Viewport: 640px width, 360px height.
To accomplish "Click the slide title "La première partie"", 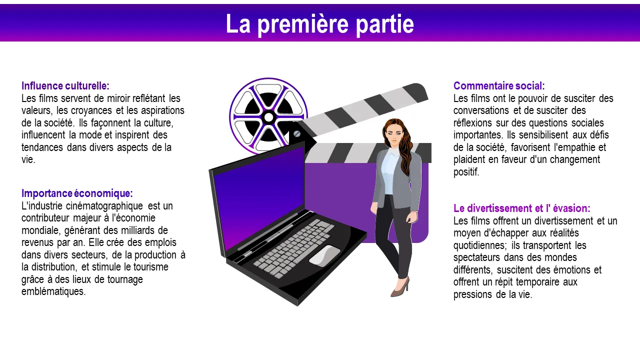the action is click(319, 24).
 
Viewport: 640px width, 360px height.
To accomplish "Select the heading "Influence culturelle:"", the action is click(65, 85).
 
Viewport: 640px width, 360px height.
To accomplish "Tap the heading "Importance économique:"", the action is click(77, 193).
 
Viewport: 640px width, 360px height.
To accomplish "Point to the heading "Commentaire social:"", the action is click(499, 85).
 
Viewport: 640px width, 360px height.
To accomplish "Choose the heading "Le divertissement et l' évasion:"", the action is click(521, 208).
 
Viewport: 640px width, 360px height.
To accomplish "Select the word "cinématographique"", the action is click(104, 206).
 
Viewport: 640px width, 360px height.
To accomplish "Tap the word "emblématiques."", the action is click(53, 291).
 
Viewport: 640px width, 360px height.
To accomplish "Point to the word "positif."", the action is click(466, 172).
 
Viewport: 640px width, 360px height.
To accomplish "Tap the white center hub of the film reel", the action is click(268, 117).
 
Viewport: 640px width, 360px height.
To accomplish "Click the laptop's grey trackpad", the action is click(325, 255).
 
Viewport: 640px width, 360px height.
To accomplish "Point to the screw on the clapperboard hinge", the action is click(297, 133).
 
